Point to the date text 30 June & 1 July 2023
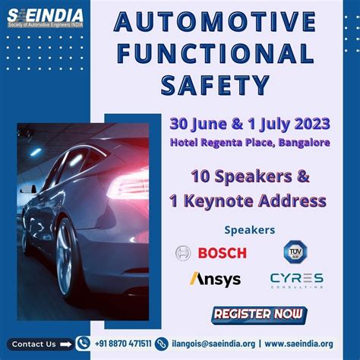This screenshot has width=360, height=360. pos(250,125)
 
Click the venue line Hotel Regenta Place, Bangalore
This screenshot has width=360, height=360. pos(250,143)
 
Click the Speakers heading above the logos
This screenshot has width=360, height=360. pos(250,229)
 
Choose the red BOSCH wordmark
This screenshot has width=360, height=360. pos(222,253)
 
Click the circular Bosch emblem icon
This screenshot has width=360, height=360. pos(182,253)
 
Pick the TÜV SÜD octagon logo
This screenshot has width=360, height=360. pos(295,252)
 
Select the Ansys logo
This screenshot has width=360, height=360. pos(215,279)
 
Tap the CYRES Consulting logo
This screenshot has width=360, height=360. pos(296,279)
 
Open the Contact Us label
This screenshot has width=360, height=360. pos(34,344)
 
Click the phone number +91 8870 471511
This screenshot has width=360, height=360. pos(123,344)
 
